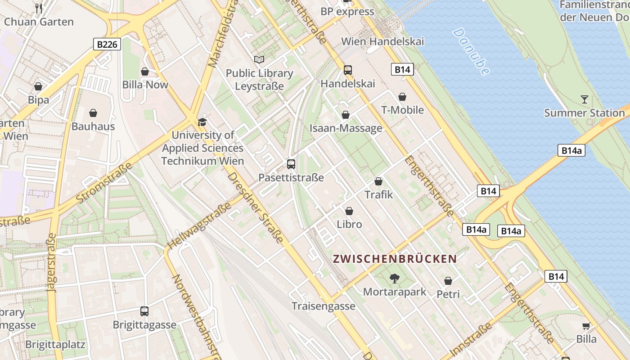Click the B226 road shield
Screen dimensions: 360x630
point(107,44)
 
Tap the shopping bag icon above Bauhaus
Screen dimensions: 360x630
point(93,113)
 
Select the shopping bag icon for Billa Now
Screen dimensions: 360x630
point(145,72)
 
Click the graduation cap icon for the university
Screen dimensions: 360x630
point(202,122)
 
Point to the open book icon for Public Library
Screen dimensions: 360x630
point(259,59)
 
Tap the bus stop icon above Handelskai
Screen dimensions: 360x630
point(347,70)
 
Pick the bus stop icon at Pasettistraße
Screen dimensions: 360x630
point(291,164)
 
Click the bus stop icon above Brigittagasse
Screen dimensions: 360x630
point(144,311)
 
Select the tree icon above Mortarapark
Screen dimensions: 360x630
point(394,279)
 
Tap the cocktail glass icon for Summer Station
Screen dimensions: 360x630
point(584,99)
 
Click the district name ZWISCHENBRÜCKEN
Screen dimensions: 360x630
point(395,259)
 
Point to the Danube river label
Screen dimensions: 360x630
point(471,51)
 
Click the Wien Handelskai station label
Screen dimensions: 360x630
point(382,41)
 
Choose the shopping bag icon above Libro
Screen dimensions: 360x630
point(349,211)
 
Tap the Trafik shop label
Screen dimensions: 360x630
point(378,195)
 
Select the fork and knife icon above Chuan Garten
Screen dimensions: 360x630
point(39,8)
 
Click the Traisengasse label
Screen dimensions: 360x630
point(323,306)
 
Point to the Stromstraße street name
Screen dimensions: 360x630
point(104,182)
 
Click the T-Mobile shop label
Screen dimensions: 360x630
point(402,110)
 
